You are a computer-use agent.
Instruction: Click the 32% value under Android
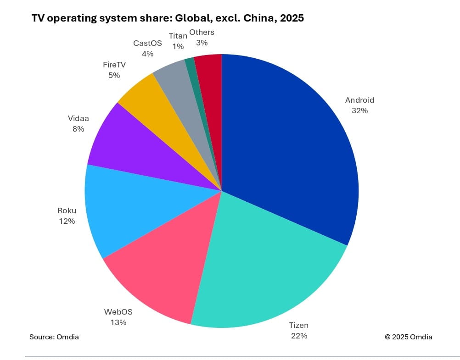tap(359, 111)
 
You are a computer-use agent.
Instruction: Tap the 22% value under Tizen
tap(298, 336)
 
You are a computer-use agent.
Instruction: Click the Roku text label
tap(67, 211)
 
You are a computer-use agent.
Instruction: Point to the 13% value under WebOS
tap(118, 322)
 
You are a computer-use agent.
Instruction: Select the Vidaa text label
tap(78, 119)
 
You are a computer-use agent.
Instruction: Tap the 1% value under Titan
tap(178, 46)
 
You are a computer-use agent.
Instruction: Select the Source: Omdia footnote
tap(54, 337)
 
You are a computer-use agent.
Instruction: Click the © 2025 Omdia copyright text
tap(408, 337)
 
